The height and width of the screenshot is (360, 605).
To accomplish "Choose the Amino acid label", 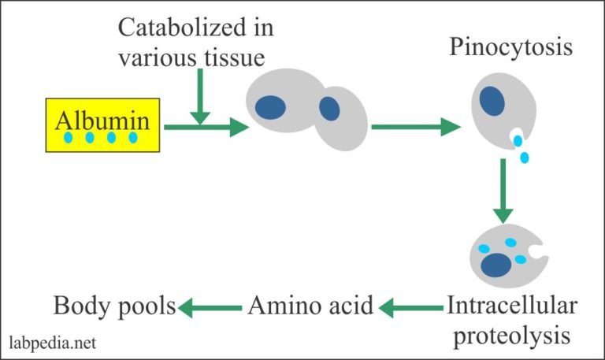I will [311, 305].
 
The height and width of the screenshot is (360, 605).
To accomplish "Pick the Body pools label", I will [113, 305].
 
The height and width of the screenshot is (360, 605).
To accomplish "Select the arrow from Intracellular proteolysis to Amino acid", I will [410, 305].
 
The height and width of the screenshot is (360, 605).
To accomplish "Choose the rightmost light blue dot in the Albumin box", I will [132, 139].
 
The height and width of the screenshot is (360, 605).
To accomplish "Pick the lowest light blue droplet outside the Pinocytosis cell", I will [525, 157].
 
